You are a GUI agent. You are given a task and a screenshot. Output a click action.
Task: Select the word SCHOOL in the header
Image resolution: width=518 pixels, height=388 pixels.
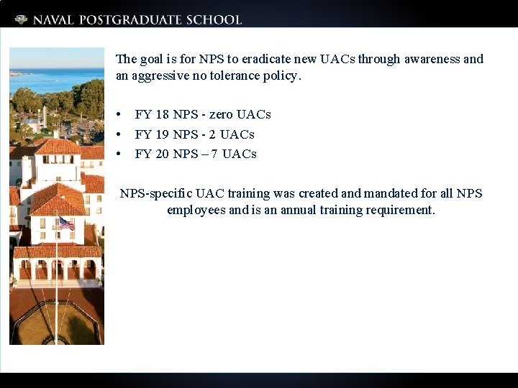pos(212,20)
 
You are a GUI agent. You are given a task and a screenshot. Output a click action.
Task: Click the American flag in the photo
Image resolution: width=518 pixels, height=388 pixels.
pos(66,223)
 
